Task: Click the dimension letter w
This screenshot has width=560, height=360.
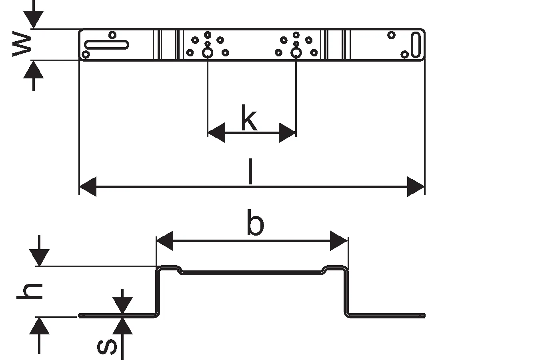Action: tap(22, 45)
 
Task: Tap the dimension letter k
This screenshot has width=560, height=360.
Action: tap(249, 118)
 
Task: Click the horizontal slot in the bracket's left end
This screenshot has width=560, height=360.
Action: tap(107, 45)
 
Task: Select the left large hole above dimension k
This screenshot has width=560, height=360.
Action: tap(208, 52)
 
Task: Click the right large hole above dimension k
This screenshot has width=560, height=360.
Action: tap(296, 52)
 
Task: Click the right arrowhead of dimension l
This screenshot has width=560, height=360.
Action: tap(416, 186)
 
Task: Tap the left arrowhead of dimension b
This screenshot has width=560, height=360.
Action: tap(164, 240)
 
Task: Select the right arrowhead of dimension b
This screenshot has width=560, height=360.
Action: tap(339, 240)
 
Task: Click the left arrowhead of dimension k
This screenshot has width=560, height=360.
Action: tap(216, 133)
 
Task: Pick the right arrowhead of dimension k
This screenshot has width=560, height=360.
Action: tap(287, 133)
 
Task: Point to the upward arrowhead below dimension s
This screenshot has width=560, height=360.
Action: tap(122, 326)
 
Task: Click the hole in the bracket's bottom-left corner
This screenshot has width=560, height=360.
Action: tap(85, 54)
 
